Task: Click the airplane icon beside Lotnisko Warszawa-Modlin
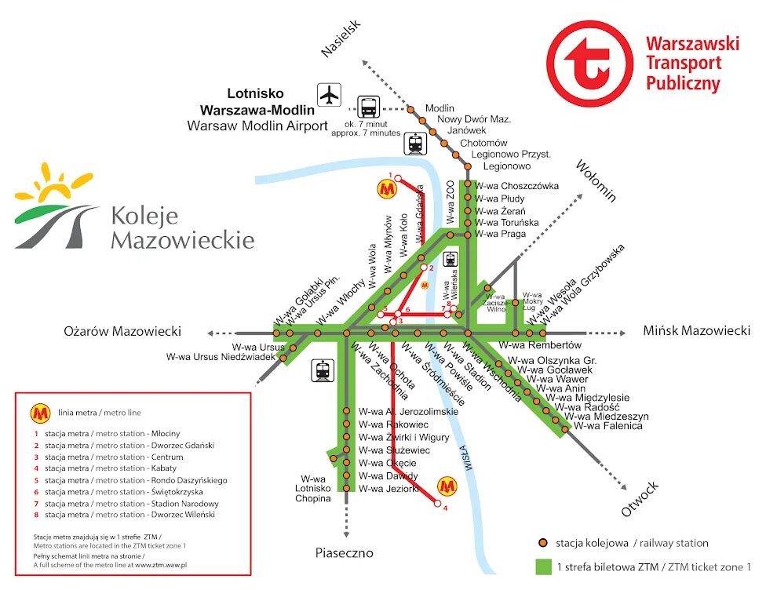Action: [x=330, y=95]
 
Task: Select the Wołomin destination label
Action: [x=596, y=180]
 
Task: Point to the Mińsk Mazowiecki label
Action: [x=696, y=331]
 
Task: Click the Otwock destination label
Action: [x=640, y=500]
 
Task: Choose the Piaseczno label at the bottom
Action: [x=345, y=553]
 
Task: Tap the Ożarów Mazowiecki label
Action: [x=122, y=331]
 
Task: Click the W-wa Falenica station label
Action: [x=608, y=426]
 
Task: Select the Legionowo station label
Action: [x=507, y=166]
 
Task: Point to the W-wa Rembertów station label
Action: [x=541, y=345]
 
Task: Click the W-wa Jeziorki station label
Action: [x=388, y=489]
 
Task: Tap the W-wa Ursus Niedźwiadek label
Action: [x=221, y=357]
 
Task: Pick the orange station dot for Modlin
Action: [x=410, y=109]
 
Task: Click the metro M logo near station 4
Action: [x=447, y=486]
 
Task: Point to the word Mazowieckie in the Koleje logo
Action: [x=182, y=239]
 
